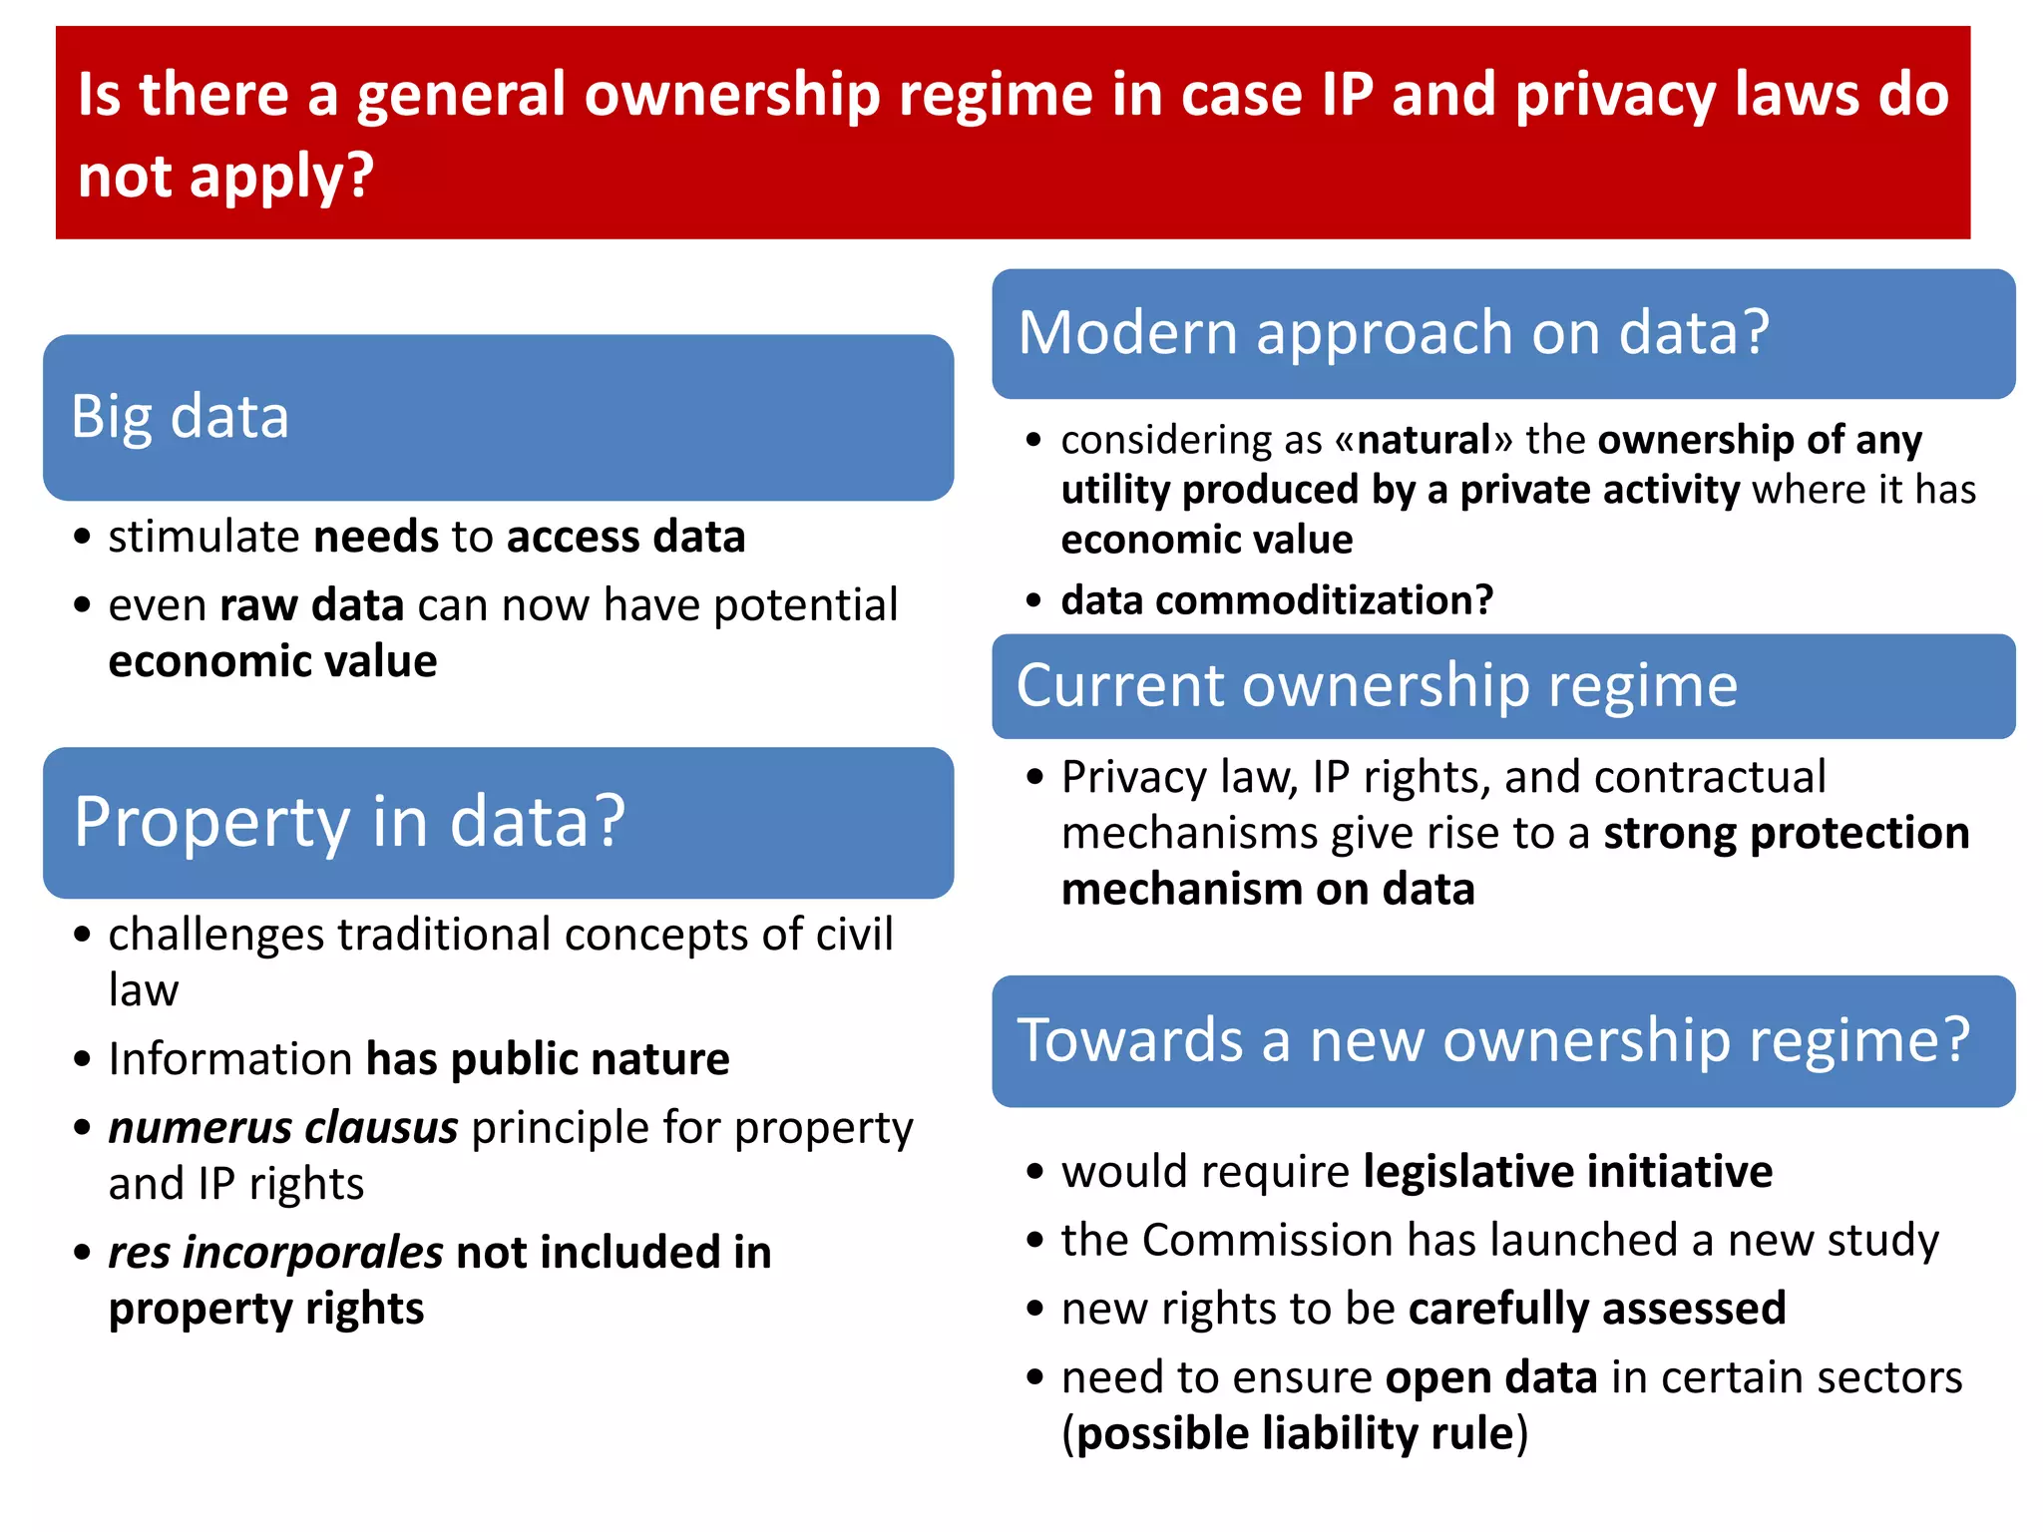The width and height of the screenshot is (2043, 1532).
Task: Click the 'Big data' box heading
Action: (180, 417)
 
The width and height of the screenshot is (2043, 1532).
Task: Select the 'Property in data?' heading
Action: (349, 822)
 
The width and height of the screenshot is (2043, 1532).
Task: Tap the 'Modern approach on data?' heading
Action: (1393, 332)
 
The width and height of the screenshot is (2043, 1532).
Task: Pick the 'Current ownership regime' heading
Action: (1377, 686)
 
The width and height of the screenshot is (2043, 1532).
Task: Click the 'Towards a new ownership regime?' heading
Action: (1492, 1040)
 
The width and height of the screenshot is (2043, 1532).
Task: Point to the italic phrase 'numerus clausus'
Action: (283, 1128)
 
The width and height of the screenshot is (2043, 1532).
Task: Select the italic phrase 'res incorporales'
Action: (275, 1253)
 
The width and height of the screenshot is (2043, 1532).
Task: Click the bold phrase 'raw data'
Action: (311, 605)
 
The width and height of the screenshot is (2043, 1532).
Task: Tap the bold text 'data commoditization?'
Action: (1277, 600)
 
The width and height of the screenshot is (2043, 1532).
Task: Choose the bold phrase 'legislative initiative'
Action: (1567, 1172)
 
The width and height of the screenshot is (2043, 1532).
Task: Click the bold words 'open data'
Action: (1491, 1378)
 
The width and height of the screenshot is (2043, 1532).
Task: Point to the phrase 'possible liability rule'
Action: (1295, 1434)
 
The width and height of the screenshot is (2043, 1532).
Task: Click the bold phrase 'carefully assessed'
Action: (1596, 1309)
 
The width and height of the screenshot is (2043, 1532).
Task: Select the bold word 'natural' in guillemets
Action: (1424, 440)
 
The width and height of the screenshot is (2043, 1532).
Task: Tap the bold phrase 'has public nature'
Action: (548, 1059)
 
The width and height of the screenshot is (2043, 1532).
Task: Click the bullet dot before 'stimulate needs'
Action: (83, 538)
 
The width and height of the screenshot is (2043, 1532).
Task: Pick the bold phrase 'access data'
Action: (625, 538)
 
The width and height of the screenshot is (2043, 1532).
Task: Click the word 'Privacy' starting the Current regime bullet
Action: (1129, 778)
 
